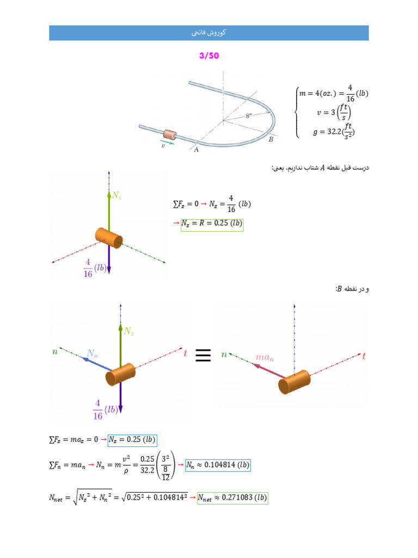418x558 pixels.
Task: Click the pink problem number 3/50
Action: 209,56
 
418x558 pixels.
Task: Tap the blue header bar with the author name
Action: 209,33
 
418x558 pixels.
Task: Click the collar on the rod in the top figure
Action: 170,135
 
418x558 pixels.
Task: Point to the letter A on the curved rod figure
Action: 196,150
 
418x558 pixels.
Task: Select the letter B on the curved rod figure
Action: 271,139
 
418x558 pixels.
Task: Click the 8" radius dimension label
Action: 248,116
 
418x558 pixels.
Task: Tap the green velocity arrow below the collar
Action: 168,142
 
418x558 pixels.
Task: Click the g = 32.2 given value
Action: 334,132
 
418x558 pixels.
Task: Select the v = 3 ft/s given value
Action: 334,112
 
